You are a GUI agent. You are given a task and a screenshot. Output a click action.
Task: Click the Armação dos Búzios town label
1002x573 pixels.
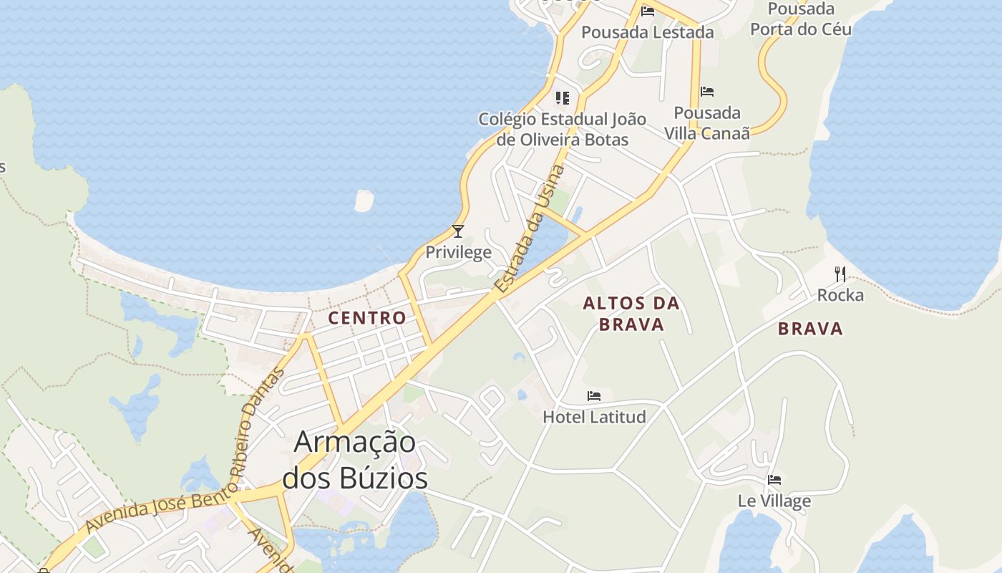355,460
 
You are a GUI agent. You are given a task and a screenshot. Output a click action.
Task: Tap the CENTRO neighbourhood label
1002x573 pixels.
367,318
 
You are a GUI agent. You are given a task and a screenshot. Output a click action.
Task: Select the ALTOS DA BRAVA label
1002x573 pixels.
631,314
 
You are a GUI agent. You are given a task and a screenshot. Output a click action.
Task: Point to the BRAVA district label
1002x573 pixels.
810,329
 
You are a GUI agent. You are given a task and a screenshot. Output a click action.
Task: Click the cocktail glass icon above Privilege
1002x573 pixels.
458,231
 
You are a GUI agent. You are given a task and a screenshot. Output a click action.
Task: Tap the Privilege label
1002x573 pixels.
459,252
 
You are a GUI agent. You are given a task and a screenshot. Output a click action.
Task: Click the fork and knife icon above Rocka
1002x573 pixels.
840,274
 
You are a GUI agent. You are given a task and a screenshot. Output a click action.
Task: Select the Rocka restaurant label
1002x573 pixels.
840,295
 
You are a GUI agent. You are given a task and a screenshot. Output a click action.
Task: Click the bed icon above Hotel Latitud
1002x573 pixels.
594,395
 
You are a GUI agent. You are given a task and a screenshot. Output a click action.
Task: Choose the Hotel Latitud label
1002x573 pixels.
594,417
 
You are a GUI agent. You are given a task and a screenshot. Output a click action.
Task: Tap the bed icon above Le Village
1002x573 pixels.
774,480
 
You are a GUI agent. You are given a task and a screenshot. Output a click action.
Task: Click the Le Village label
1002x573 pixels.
774,501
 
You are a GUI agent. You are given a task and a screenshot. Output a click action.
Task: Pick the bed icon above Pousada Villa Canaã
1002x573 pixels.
707,92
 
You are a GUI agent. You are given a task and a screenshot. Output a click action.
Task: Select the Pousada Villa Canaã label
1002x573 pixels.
707,123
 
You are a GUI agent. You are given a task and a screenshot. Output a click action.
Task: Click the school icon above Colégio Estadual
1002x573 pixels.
563,97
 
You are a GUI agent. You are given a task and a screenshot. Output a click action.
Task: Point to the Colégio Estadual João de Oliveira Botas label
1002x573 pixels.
563,129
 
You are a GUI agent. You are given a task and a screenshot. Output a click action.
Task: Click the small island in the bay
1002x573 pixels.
364,201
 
